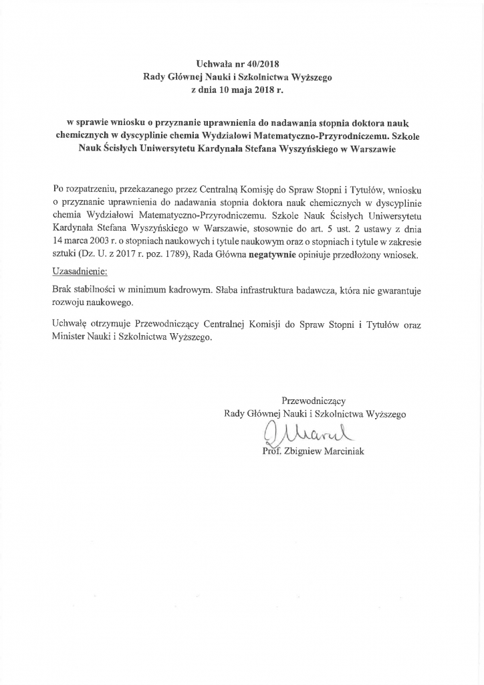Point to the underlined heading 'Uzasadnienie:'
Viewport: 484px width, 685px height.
point(79,273)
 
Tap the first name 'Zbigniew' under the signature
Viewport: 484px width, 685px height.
point(306,452)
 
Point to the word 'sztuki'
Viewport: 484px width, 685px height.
point(65,256)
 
